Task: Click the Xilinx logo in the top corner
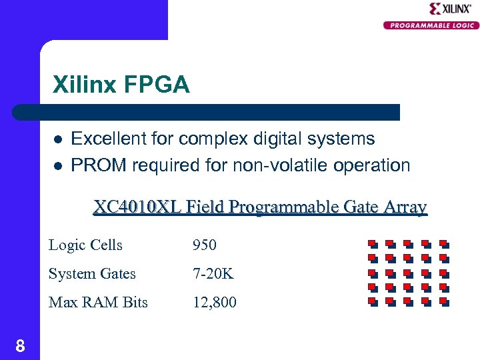click(x=450, y=9)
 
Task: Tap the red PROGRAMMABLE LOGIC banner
click(x=431, y=25)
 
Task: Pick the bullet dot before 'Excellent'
click(x=58, y=140)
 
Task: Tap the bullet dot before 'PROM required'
click(x=58, y=165)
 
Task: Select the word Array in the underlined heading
click(x=405, y=207)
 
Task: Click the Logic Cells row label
click(x=85, y=245)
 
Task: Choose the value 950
click(x=204, y=245)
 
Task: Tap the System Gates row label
click(x=92, y=273)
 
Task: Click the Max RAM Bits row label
click(x=98, y=302)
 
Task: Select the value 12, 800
click(x=214, y=302)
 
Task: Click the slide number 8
click(x=20, y=345)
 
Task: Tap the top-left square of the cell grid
click(x=373, y=244)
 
